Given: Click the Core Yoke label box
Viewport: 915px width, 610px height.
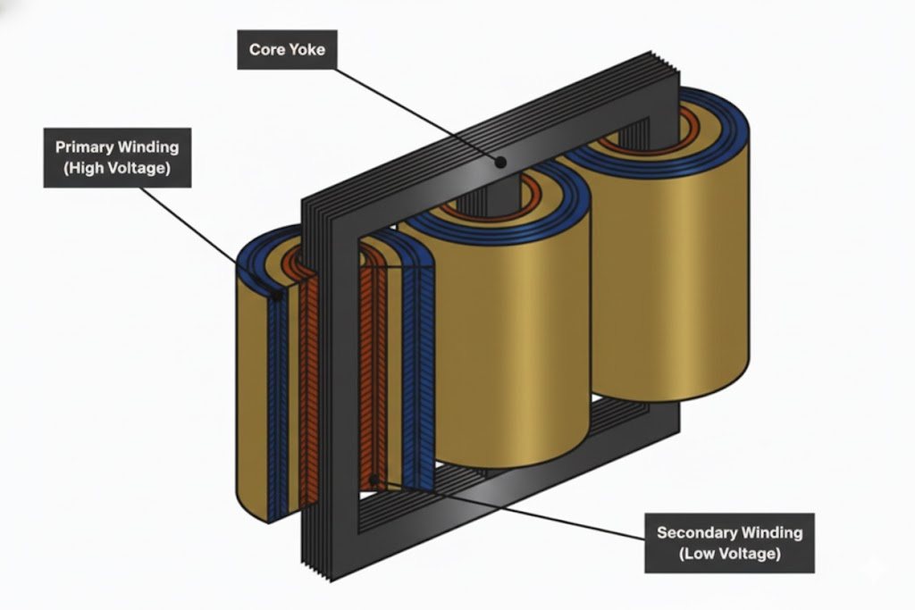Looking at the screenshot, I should [x=287, y=49].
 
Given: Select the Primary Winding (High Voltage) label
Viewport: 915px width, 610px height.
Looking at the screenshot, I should [x=117, y=157].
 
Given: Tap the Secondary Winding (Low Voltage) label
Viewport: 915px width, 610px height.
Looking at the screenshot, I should [x=729, y=543].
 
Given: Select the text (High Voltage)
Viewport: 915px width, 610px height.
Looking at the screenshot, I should [x=117, y=168].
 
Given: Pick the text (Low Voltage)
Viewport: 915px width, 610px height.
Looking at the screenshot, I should [x=729, y=554].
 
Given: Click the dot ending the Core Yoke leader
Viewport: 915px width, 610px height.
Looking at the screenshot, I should [x=501, y=162].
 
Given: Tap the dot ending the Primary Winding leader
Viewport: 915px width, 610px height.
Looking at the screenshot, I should [x=276, y=294].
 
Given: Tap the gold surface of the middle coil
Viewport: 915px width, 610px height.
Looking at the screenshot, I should [x=509, y=339].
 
